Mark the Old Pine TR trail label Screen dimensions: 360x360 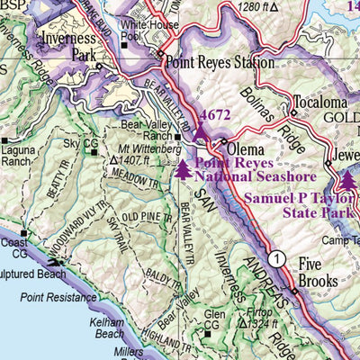(143, 217)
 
